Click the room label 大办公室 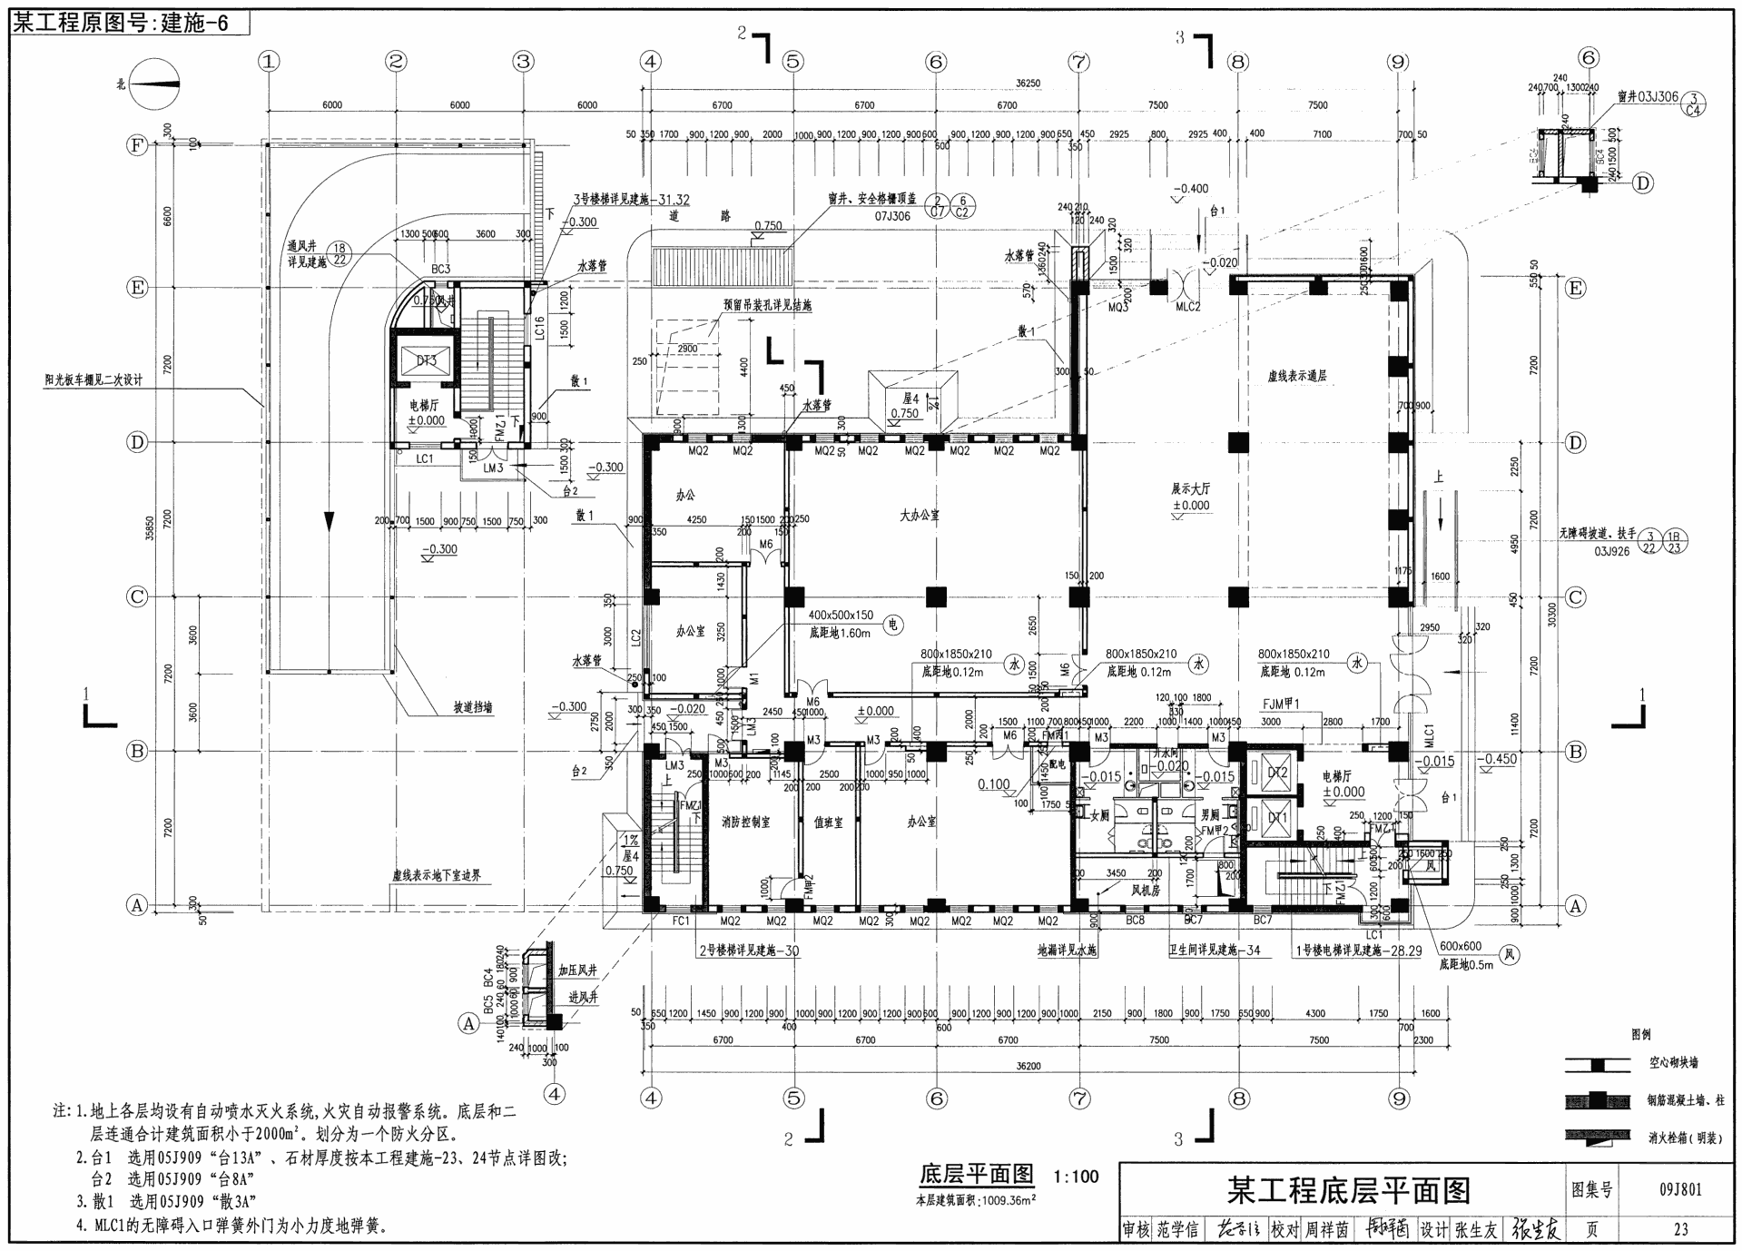(x=919, y=515)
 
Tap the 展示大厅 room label (x=1190, y=488)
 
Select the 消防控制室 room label (x=745, y=822)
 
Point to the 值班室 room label (x=828, y=822)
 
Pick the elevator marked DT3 (x=426, y=360)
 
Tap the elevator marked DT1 (x=1276, y=818)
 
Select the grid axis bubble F (x=137, y=145)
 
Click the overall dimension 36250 (x=1028, y=84)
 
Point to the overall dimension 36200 (x=1028, y=1066)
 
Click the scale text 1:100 (x=1076, y=1177)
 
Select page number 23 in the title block (x=1680, y=1229)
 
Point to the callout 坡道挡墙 (x=473, y=707)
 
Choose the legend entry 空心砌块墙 (x=1673, y=1062)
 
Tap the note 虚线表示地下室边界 (x=436, y=876)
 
